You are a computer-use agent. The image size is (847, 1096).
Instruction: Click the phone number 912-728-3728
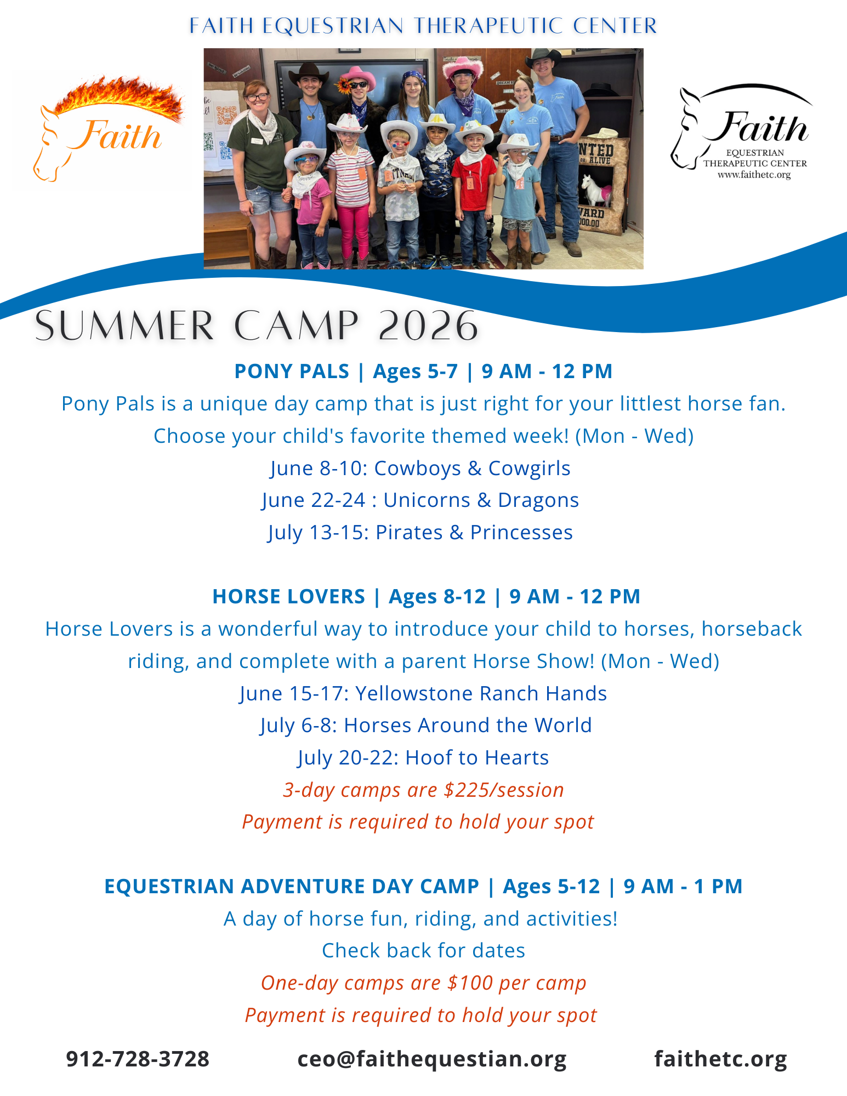coord(138,1059)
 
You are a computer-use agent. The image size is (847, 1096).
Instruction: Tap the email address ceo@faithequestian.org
coord(431,1059)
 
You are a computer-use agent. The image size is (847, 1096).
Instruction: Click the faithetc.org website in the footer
coord(720,1059)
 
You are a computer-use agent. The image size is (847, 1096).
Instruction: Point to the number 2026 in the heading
coord(428,326)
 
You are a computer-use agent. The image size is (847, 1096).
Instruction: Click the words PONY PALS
coord(292,372)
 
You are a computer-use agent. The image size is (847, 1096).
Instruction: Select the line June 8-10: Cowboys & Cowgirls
coord(420,468)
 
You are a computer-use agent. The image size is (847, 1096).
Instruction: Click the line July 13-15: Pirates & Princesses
coord(420,532)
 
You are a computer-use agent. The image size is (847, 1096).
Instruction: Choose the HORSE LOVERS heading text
coord(288,597)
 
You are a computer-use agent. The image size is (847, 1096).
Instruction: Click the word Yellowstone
coord(414,693)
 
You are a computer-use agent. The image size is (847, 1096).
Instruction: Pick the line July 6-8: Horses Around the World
coord(426,725)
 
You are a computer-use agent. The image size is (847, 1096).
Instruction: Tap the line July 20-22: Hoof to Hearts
coord(423,757)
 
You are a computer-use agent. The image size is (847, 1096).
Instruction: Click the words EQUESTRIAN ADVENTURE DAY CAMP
coord(292,886)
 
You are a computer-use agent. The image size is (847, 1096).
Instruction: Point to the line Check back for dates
coord(423,950)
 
